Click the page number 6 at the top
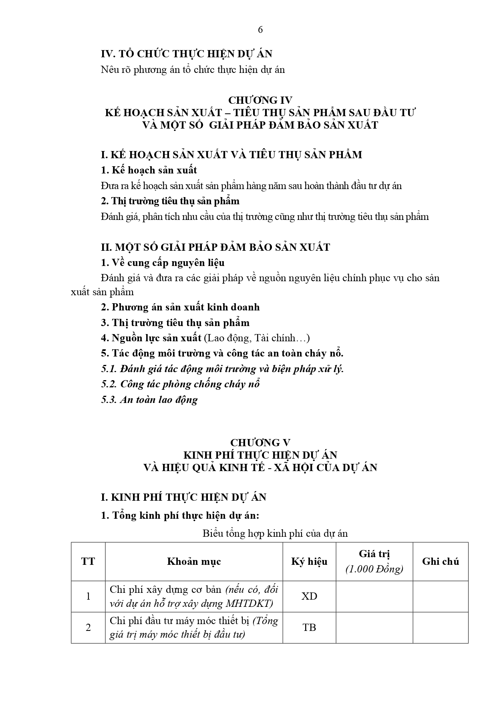[260, 30]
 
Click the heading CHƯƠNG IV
[260, 100]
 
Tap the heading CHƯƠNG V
[260, 442]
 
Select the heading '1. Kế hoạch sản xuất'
[149, 170]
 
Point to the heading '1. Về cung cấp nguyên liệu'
[163, 263]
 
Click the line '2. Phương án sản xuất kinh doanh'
[180, 307]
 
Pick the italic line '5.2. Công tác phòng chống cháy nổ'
[180, 384]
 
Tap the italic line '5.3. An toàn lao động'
[149, 400]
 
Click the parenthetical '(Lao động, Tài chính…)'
[257, 338]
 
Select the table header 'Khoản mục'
[194, 562]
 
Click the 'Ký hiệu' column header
[309, 562]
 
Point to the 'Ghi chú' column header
[441, 562]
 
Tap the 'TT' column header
[88, 562]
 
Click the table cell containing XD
[309, 596]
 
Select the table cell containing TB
[309, 627]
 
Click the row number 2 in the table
[88, 627]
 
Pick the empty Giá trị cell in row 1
[374, 596]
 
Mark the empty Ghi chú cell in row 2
[441, 627]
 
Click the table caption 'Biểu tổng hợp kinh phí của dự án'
[275, 534]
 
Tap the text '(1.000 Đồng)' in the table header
[374, 569]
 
